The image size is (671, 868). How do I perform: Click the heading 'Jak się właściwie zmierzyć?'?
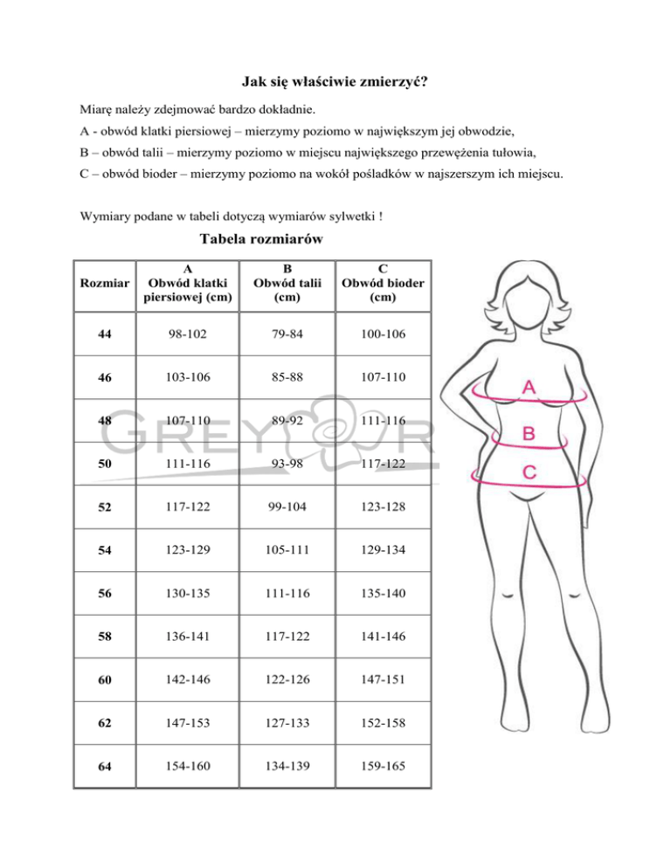335,83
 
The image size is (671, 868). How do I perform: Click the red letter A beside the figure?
529,387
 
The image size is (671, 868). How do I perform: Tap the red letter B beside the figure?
529,433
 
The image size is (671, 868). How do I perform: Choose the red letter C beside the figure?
529,472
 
